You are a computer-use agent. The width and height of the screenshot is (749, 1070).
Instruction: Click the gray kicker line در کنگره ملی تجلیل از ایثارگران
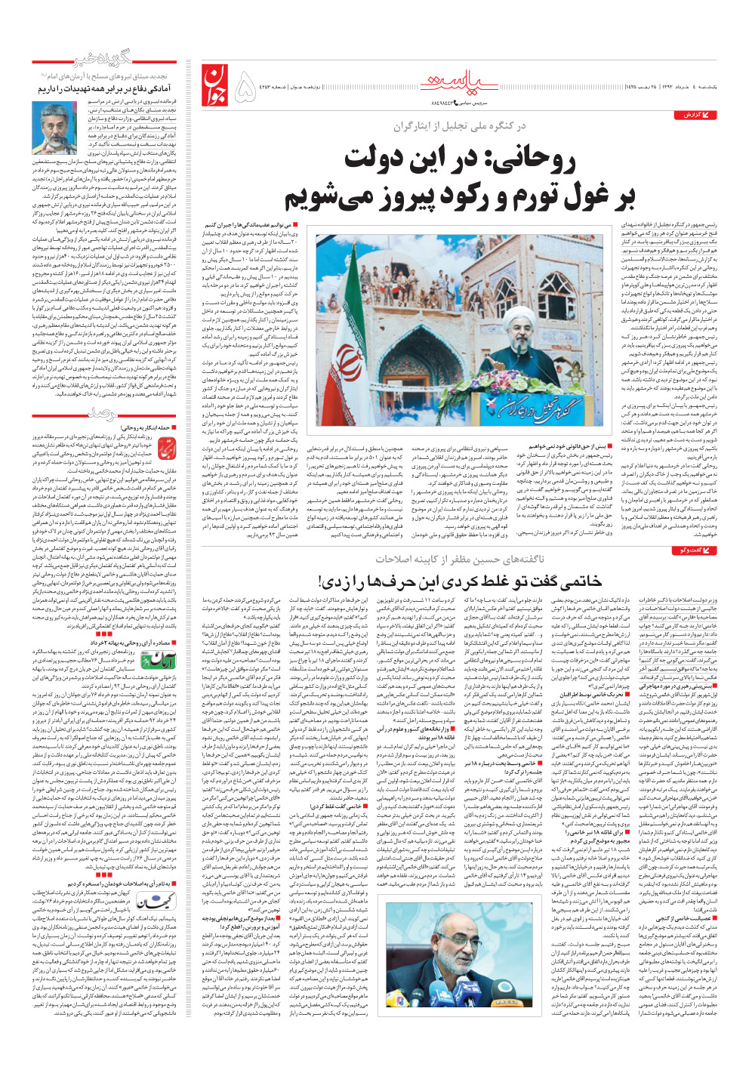(x=458, y=126)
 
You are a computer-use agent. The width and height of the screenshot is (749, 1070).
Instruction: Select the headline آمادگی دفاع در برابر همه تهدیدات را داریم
(x=106, y=88)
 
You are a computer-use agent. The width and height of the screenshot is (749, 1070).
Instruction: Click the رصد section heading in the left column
(x=103, y=412)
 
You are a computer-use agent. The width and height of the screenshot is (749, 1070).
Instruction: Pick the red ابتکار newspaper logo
(x=165, y=450)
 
